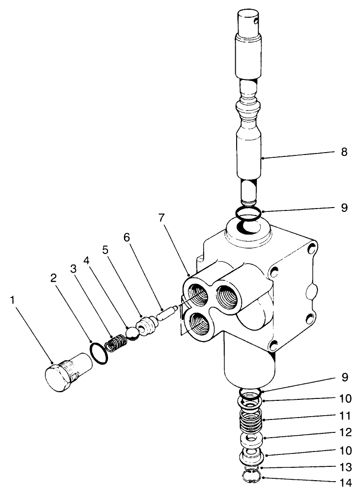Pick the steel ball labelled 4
[132, 333]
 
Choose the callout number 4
[87, 261]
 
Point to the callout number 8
[345, 153]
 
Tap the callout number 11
[346, 416]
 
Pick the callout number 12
[346, 433]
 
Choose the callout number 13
[346, 466]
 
